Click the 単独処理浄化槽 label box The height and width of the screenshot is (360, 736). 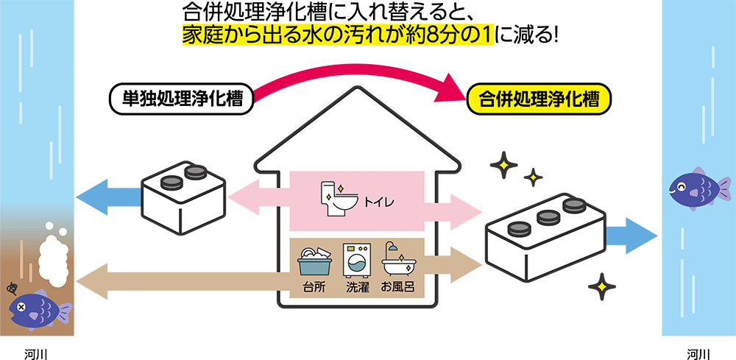click(x=181, y=97)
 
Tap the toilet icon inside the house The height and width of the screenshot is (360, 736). click(x=339, y=199)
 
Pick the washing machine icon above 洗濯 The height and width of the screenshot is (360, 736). click(x=357, y=258)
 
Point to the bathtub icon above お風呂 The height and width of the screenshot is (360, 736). click(x=399, y=258)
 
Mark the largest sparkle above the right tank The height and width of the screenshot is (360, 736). click(x=504, y=166)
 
